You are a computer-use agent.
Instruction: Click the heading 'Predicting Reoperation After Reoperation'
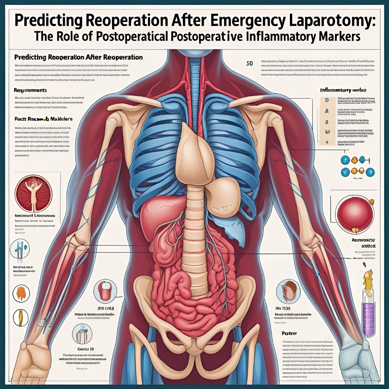[79, 57]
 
